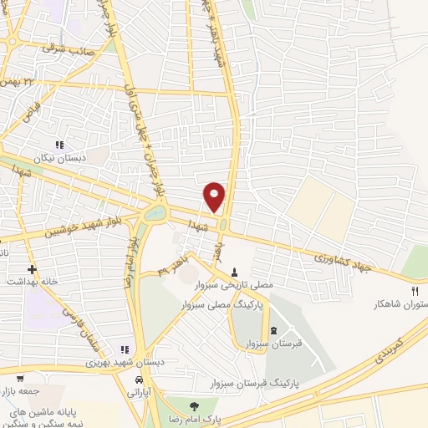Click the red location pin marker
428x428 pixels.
coord(215,196)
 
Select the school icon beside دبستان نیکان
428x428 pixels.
coord(59,144)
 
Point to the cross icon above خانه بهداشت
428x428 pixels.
coord(32,269)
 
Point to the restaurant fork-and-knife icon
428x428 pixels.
coord(415,290)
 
